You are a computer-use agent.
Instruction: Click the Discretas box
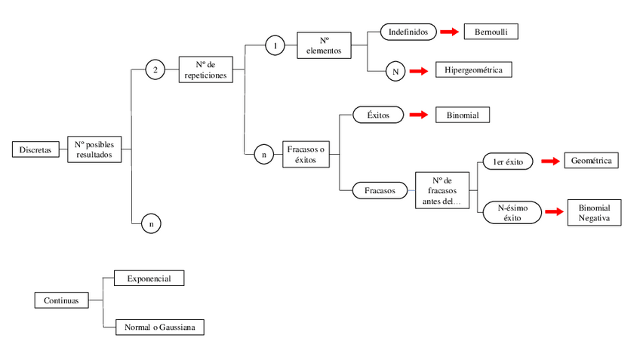click(35, 149)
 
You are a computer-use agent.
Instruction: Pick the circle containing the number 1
click(275, 46)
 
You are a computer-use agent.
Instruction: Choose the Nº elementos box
click(325, 45)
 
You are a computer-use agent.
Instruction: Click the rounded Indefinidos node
click(408, 32)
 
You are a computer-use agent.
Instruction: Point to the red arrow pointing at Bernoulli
click(449, 32)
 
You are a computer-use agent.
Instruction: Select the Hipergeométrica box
click(474, 70)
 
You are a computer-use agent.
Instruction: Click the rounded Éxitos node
click(377, 115)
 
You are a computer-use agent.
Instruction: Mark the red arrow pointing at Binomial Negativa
click(555, 212)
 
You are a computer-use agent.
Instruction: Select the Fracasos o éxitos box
click(306, 155)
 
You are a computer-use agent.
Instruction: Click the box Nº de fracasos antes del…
click(442, 192)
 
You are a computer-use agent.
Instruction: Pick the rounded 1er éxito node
click(507, 162)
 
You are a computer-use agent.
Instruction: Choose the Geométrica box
click(591, 161)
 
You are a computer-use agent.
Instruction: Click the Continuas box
click(60, 300)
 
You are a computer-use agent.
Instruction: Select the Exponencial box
click(149, 278)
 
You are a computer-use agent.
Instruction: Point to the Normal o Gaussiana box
click(159, 328)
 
